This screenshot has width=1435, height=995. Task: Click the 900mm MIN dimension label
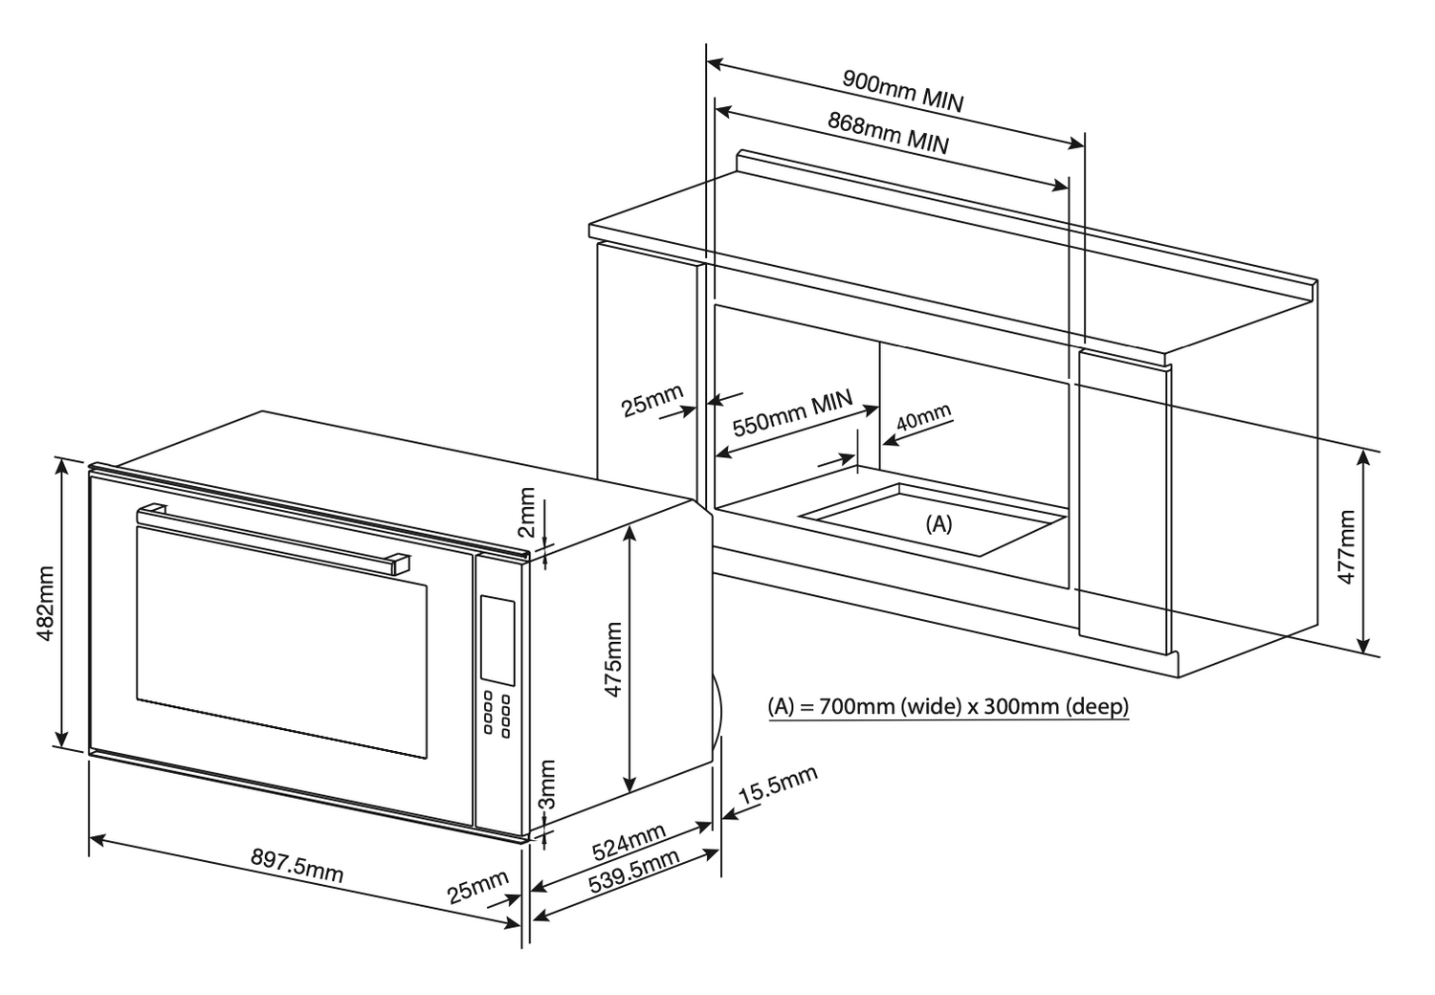click(x=903, y=91)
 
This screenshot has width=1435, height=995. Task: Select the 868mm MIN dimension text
click(x=888, y=133)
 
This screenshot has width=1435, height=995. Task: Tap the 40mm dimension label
click(x=923, y=417)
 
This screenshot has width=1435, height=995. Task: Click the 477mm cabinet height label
click(x=1347, y=546)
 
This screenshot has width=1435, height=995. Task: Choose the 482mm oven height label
click(x=46, y=604)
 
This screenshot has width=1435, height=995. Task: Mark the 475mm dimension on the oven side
click(x=613, y=659)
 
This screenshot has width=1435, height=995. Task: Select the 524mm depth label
click(x=628, y=842)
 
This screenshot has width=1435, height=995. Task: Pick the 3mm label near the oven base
click(x=548, y=784)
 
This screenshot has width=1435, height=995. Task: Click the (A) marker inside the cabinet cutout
click(x=938, y=523)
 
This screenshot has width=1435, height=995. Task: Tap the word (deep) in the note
click(x=1097, y=706)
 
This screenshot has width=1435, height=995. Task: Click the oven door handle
click(x=273, y=537)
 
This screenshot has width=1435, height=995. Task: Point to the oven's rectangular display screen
click(x=497, y=640)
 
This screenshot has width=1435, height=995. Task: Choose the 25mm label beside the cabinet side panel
click(x=652, y=400)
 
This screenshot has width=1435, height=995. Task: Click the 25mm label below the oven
click(x=478, y=887)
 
